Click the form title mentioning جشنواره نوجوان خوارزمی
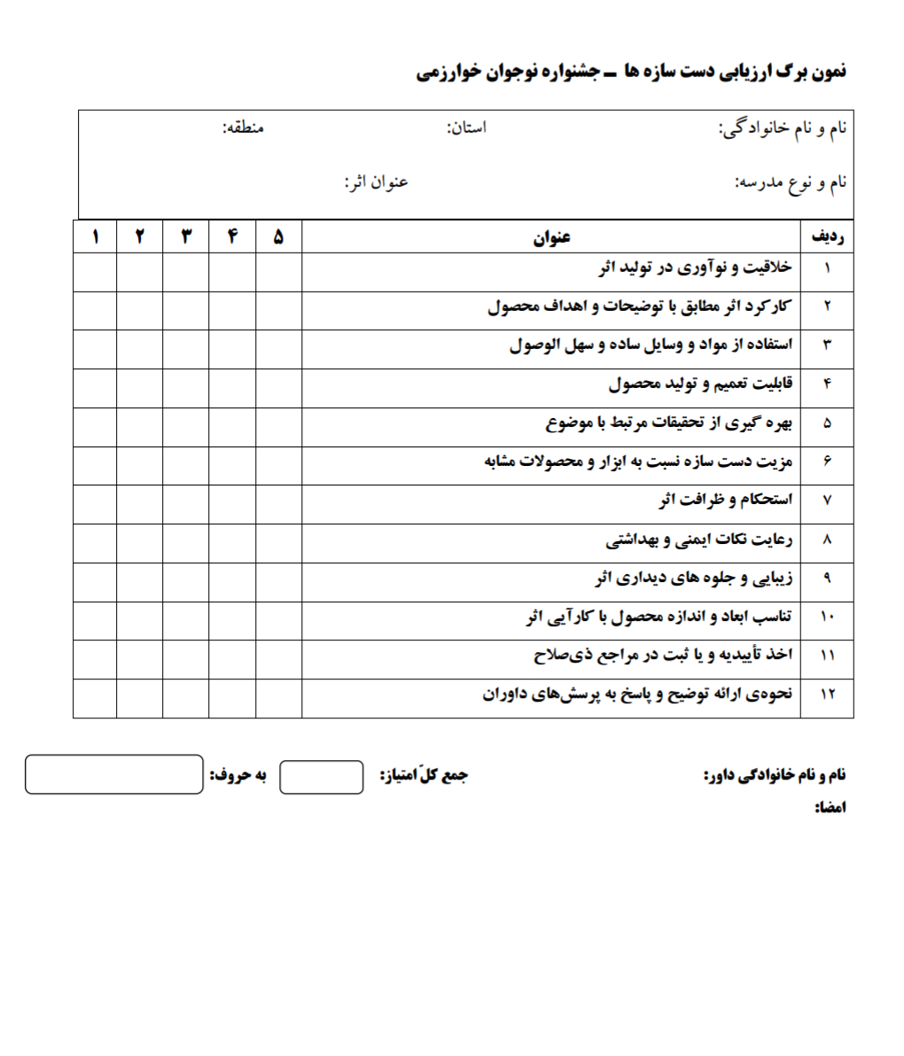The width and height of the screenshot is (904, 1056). [x=630, y=71]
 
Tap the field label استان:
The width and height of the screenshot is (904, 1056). [x=466, y=128]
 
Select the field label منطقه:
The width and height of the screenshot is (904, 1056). [x=243, y=128]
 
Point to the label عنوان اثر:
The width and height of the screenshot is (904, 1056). [x=376, y=182]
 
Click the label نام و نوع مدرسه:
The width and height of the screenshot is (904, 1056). [x=791, y=182]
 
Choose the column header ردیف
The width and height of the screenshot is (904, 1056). [x=827, y=237]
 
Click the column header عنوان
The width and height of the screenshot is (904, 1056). [x=551, y=237]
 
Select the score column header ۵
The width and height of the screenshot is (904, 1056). [x=278, y=237]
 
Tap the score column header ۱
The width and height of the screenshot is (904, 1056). [x=95, y=237]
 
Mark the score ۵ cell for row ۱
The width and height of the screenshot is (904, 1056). [x=278, y=272]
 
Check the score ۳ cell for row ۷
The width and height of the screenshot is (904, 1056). [x=186, y=504]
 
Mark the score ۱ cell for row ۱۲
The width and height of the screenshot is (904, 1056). [x=95, y=697]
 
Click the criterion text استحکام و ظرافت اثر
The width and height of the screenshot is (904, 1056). [x=726, y=501]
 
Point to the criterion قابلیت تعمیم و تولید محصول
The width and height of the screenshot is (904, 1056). [x=700, y=384]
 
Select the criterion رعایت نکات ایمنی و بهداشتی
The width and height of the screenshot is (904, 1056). [x=699, y=540]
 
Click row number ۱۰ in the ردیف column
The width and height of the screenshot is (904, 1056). [x=827, y=617]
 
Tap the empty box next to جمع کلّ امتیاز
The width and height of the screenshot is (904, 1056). [x=321, y=777]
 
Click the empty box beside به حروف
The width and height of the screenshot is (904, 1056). [x=114, y=774]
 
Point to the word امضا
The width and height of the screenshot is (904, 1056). [x=830, y=808]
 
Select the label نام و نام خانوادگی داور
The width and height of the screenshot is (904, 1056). [x=775, y=775]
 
